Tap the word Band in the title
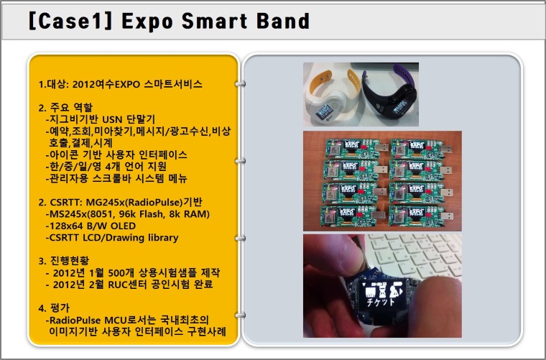(283, 21)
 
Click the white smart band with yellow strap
(330, 97)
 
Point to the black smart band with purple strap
(390, 91)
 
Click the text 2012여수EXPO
(106, 84)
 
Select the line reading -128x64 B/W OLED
(91, 226)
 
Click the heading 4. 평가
(54, 308)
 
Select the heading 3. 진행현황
(64, 261)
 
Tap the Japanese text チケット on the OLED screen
(381, 302)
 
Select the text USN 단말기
(129, 120)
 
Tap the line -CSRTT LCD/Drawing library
(112, 238)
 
